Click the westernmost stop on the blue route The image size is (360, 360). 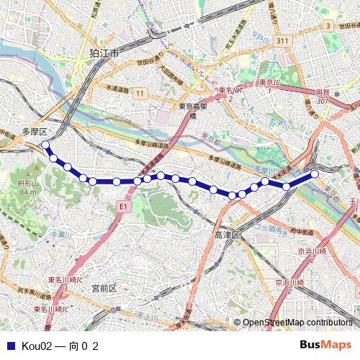click(45, 145)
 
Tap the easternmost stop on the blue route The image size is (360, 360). click(315, 174)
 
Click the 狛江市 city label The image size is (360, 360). click(104, 54)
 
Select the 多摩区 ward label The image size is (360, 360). click(34, 132)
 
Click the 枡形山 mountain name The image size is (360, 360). click(28, 184)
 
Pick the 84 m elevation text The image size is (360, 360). click(28, 192)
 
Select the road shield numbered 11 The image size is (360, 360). click(139, 94)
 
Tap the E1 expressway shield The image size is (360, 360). click(122, 207)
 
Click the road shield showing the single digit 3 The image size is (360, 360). click(328, 26)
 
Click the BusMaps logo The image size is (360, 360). click(325, 346)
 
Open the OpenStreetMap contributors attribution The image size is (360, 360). click(297, 323)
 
